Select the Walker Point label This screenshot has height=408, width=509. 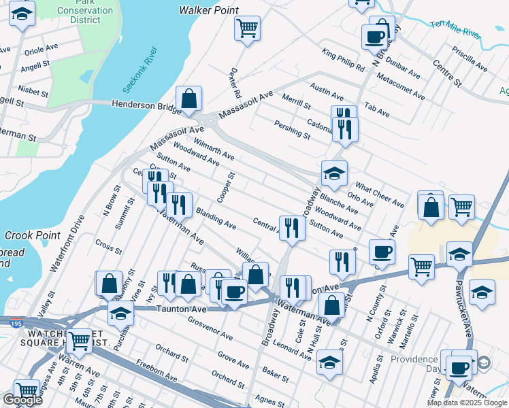tap(208, 10)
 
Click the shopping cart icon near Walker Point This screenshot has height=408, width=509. tap(247, 29)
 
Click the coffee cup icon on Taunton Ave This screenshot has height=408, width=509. tap(235, 292)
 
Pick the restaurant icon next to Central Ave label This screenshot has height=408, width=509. tap(291, 228)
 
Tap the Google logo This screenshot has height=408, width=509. tap(22, 400)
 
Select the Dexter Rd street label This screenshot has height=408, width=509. tap(236, 82)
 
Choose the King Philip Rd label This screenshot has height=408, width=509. tap(344, 60)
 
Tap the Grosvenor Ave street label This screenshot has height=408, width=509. tap(210, 328)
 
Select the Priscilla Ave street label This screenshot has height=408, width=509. tap(469, 58)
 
